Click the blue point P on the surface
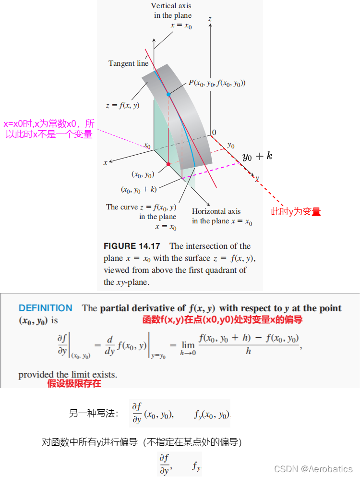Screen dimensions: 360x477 [168, 95]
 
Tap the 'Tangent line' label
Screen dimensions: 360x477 [128, 63]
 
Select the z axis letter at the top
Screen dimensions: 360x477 [210, 19]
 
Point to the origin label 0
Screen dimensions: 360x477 [214, 132]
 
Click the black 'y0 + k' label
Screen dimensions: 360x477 [257, 157]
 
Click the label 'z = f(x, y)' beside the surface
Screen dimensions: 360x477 [122, 105]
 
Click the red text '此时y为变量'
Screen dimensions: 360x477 [296, 211]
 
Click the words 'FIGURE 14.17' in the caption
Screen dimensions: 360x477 [132, 246]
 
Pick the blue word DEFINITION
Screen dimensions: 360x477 [46, 308]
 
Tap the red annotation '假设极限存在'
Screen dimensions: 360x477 [74, 383]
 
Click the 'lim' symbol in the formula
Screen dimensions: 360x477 [188, 345]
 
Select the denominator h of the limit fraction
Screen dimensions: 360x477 [248, 351]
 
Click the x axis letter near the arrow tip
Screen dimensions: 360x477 [106, 163]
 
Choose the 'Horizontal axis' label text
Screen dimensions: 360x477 [216, 211]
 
